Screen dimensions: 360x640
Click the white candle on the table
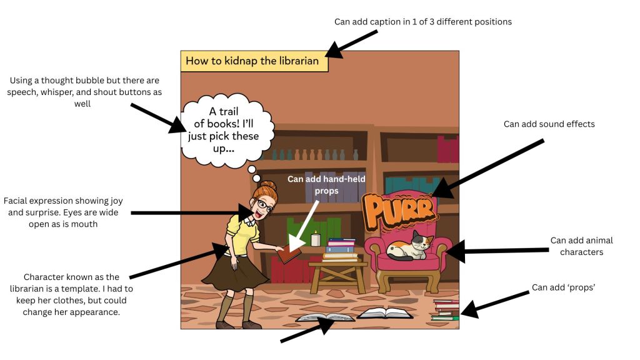coord(316,239)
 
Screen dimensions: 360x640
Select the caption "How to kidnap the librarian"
coord(252,61)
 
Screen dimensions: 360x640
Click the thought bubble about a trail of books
coord(228,131)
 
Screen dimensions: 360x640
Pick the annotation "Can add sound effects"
coord(549,124)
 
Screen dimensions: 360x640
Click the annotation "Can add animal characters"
coord(581,246)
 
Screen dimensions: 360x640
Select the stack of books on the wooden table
coord(341,249)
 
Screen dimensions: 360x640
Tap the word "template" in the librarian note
coord(114,289)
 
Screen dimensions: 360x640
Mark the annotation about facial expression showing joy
coord(62,212)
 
